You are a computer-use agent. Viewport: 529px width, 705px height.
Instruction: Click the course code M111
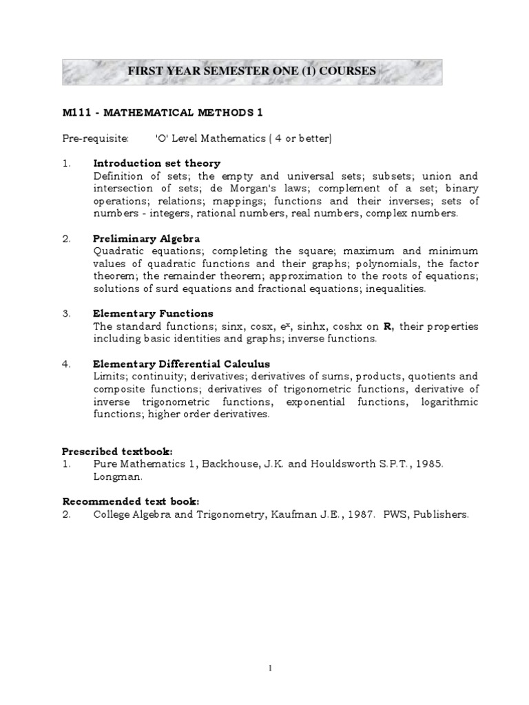[x=74, y=112]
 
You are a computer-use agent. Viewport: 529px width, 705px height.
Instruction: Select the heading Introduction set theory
[x=156, y=163]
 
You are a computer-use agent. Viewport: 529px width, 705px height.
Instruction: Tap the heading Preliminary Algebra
[x=147, y=238]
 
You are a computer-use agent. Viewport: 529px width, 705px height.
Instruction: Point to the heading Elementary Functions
[x=153, y=313]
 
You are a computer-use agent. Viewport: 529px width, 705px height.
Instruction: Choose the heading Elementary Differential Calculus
[x=181, y=364]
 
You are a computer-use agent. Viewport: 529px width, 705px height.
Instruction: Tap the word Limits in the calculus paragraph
[x=108, y=377]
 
